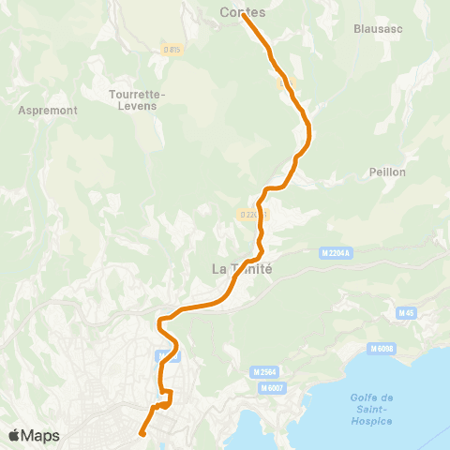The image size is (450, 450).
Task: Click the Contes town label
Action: [243, 13]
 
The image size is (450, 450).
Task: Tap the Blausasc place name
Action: [378, 29]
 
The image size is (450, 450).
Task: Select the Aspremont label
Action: [48, 110]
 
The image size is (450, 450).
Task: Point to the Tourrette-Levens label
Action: [138, 99]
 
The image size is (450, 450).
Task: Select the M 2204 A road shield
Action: [335, 253]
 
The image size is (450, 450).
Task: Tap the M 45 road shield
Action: [405, 312]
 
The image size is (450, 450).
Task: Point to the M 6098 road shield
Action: [382, 349]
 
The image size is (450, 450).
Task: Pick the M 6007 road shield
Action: [272, 387]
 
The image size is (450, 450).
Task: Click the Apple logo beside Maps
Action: [14, 436]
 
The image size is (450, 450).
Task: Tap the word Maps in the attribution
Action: [40, 436]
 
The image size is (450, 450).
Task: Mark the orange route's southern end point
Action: [142, 433]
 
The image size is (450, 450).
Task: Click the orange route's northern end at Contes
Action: [246, 16]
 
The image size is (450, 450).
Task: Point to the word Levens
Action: [138, 106]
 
